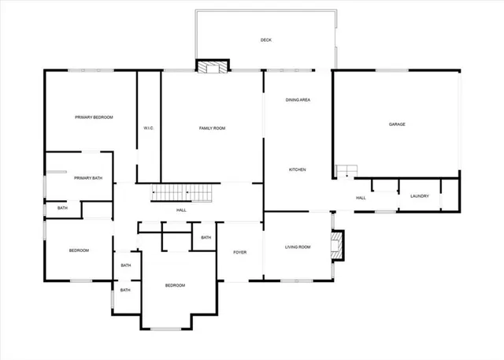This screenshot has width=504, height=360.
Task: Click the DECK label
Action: pos(266,40)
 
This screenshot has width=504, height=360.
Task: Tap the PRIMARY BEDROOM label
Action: pos(94,117)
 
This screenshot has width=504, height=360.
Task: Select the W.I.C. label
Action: pos(148,128)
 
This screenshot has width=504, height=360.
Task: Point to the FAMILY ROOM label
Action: pos(212,128)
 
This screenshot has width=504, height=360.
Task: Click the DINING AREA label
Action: pos(297,101)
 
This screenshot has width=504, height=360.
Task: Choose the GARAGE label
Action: pos(397,124)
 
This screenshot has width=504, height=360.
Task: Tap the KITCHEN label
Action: pos(297,170)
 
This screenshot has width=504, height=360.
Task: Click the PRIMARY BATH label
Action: pos(88,178)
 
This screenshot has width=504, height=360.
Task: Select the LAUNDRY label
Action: pos(419,196)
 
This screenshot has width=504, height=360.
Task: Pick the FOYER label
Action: pos(240,252)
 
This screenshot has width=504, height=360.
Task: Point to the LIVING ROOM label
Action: pos(298,247)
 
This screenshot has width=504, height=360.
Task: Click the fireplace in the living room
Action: pos(337,244)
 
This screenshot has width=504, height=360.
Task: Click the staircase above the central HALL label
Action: pos(183,192)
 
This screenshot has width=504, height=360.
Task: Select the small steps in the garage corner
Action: pos(346,171)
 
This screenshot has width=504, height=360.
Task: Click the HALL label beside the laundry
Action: pos(361,198)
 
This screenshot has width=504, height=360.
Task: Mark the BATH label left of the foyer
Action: pos(206,237)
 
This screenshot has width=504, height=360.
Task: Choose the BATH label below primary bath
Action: pos(62,208)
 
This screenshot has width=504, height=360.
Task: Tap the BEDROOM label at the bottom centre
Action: pos(175,285)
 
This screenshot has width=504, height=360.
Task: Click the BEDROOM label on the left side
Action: pos(79,251)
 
